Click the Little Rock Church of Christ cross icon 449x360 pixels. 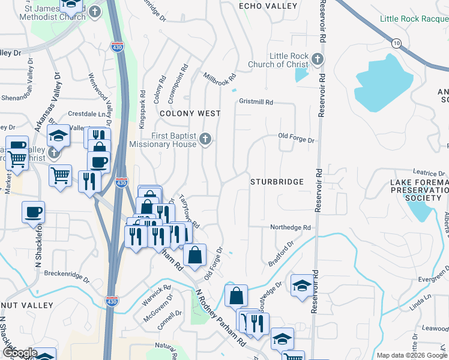pyautogui.click(x=318, y=59)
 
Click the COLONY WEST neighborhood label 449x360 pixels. pyautogui.click(x=190, y=113)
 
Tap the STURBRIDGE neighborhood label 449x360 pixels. pyautogui.click(x=277, y=181)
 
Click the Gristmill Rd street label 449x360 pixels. pyautogui.click(x=256, y=103)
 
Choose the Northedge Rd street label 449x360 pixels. pyautogui.click(x=290, y=228)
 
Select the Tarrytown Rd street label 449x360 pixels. pyautogui.click(x=188, y=211)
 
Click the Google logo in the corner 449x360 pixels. pyautogui.click(x=19, y=353)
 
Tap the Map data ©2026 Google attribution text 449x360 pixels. pyautogui.click(x=411, y=355)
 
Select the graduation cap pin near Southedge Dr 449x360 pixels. pyautogui.click(x=301, y=285)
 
